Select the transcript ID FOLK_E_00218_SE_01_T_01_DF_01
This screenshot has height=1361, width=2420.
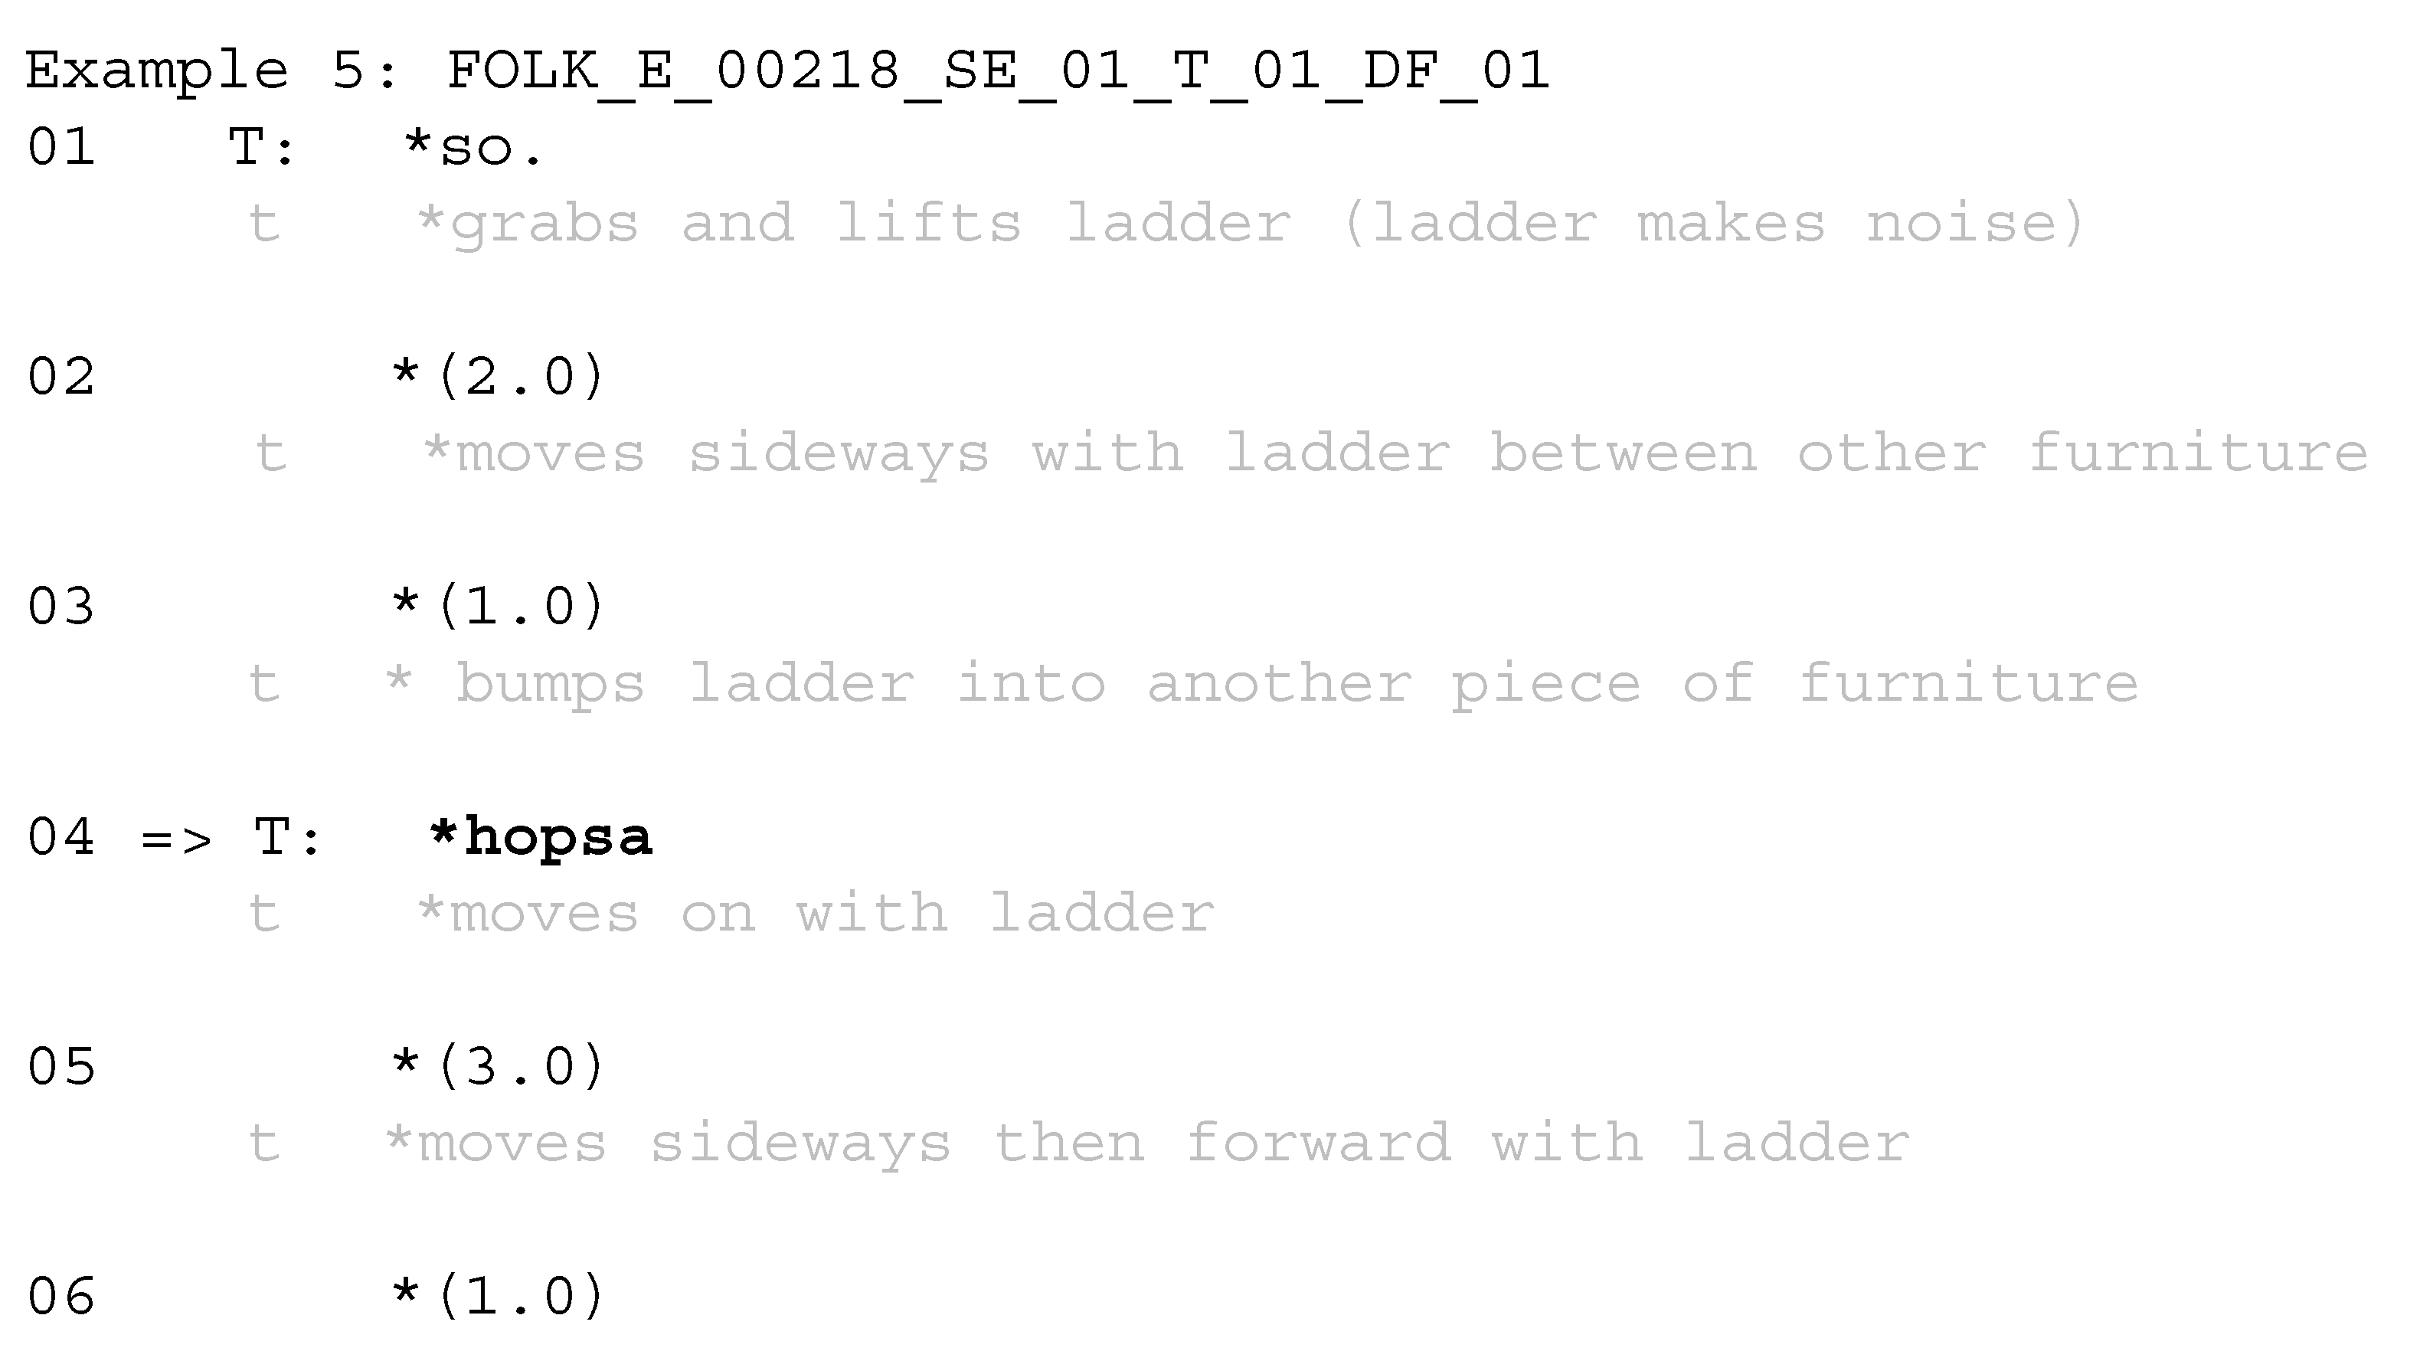click(x=998, y=70)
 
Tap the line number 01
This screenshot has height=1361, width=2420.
click(x=61, y=148)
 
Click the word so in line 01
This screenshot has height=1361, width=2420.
click(x=476, y=148)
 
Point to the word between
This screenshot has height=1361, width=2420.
click(x=1623, y=453)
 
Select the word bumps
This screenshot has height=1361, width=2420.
click(x=551, y=684)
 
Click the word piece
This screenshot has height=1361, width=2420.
click(x=1545, y=684)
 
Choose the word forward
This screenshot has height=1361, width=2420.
click(x=1318, y=1143)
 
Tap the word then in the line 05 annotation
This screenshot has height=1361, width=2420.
click(x=1069, y=1143)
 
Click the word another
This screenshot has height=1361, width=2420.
click(x=1279, y=684)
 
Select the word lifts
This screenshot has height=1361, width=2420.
click(x=928, y=224)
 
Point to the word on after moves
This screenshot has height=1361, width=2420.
click(x=718, y=914)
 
